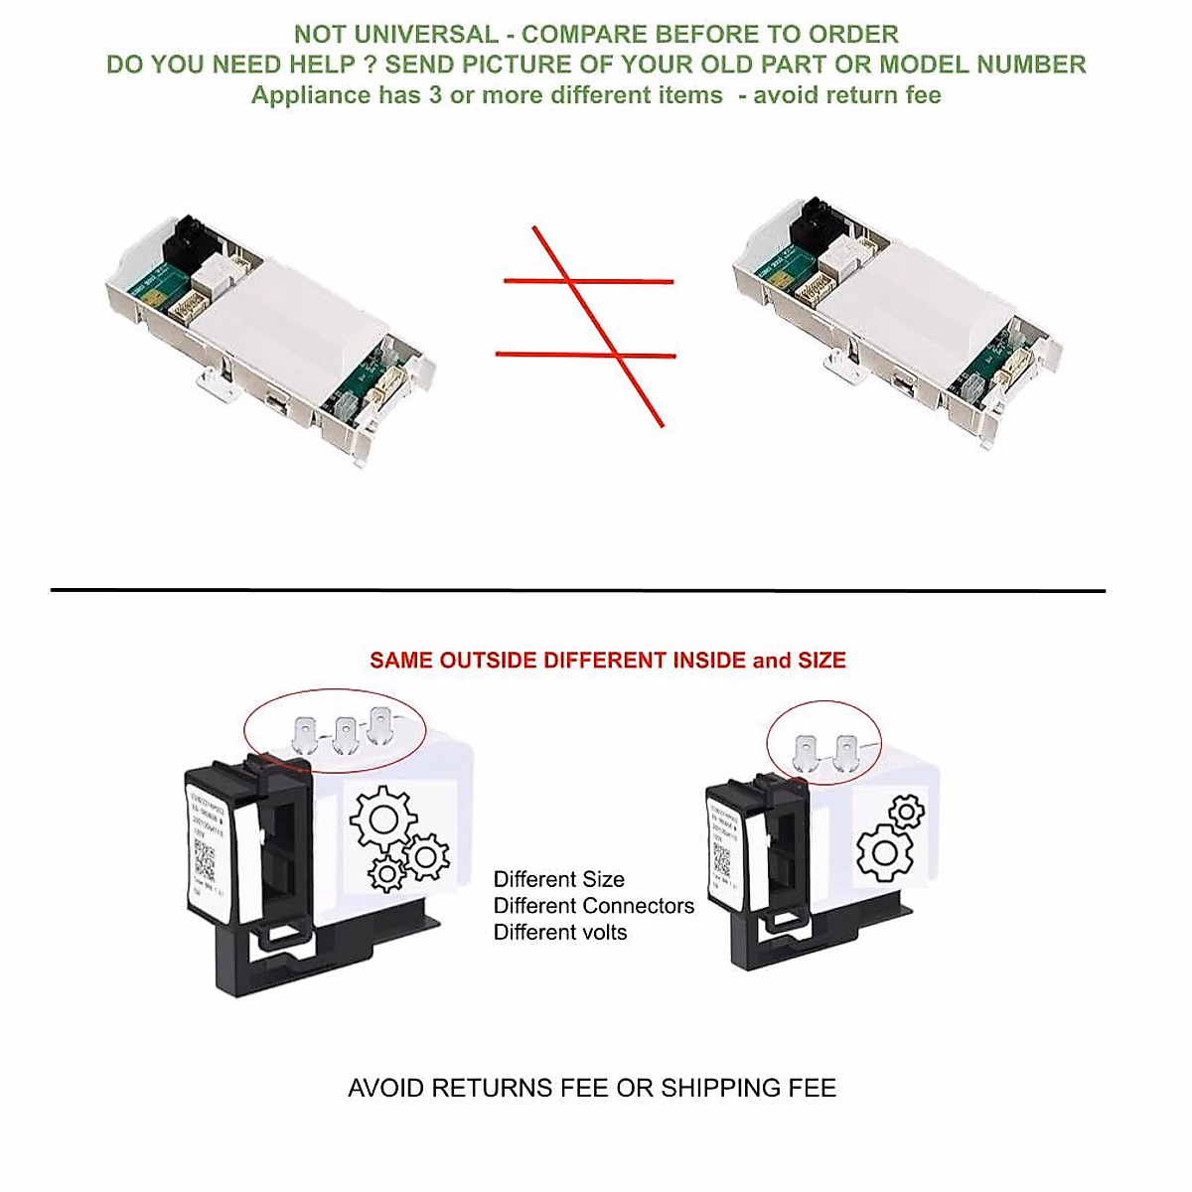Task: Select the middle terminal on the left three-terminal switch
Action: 344,734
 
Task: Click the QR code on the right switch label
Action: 721,861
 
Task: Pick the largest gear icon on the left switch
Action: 382,820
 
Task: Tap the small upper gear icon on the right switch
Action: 906,813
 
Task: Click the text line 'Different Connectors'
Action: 593,906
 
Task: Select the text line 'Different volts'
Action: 559,932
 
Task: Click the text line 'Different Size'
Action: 558,879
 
